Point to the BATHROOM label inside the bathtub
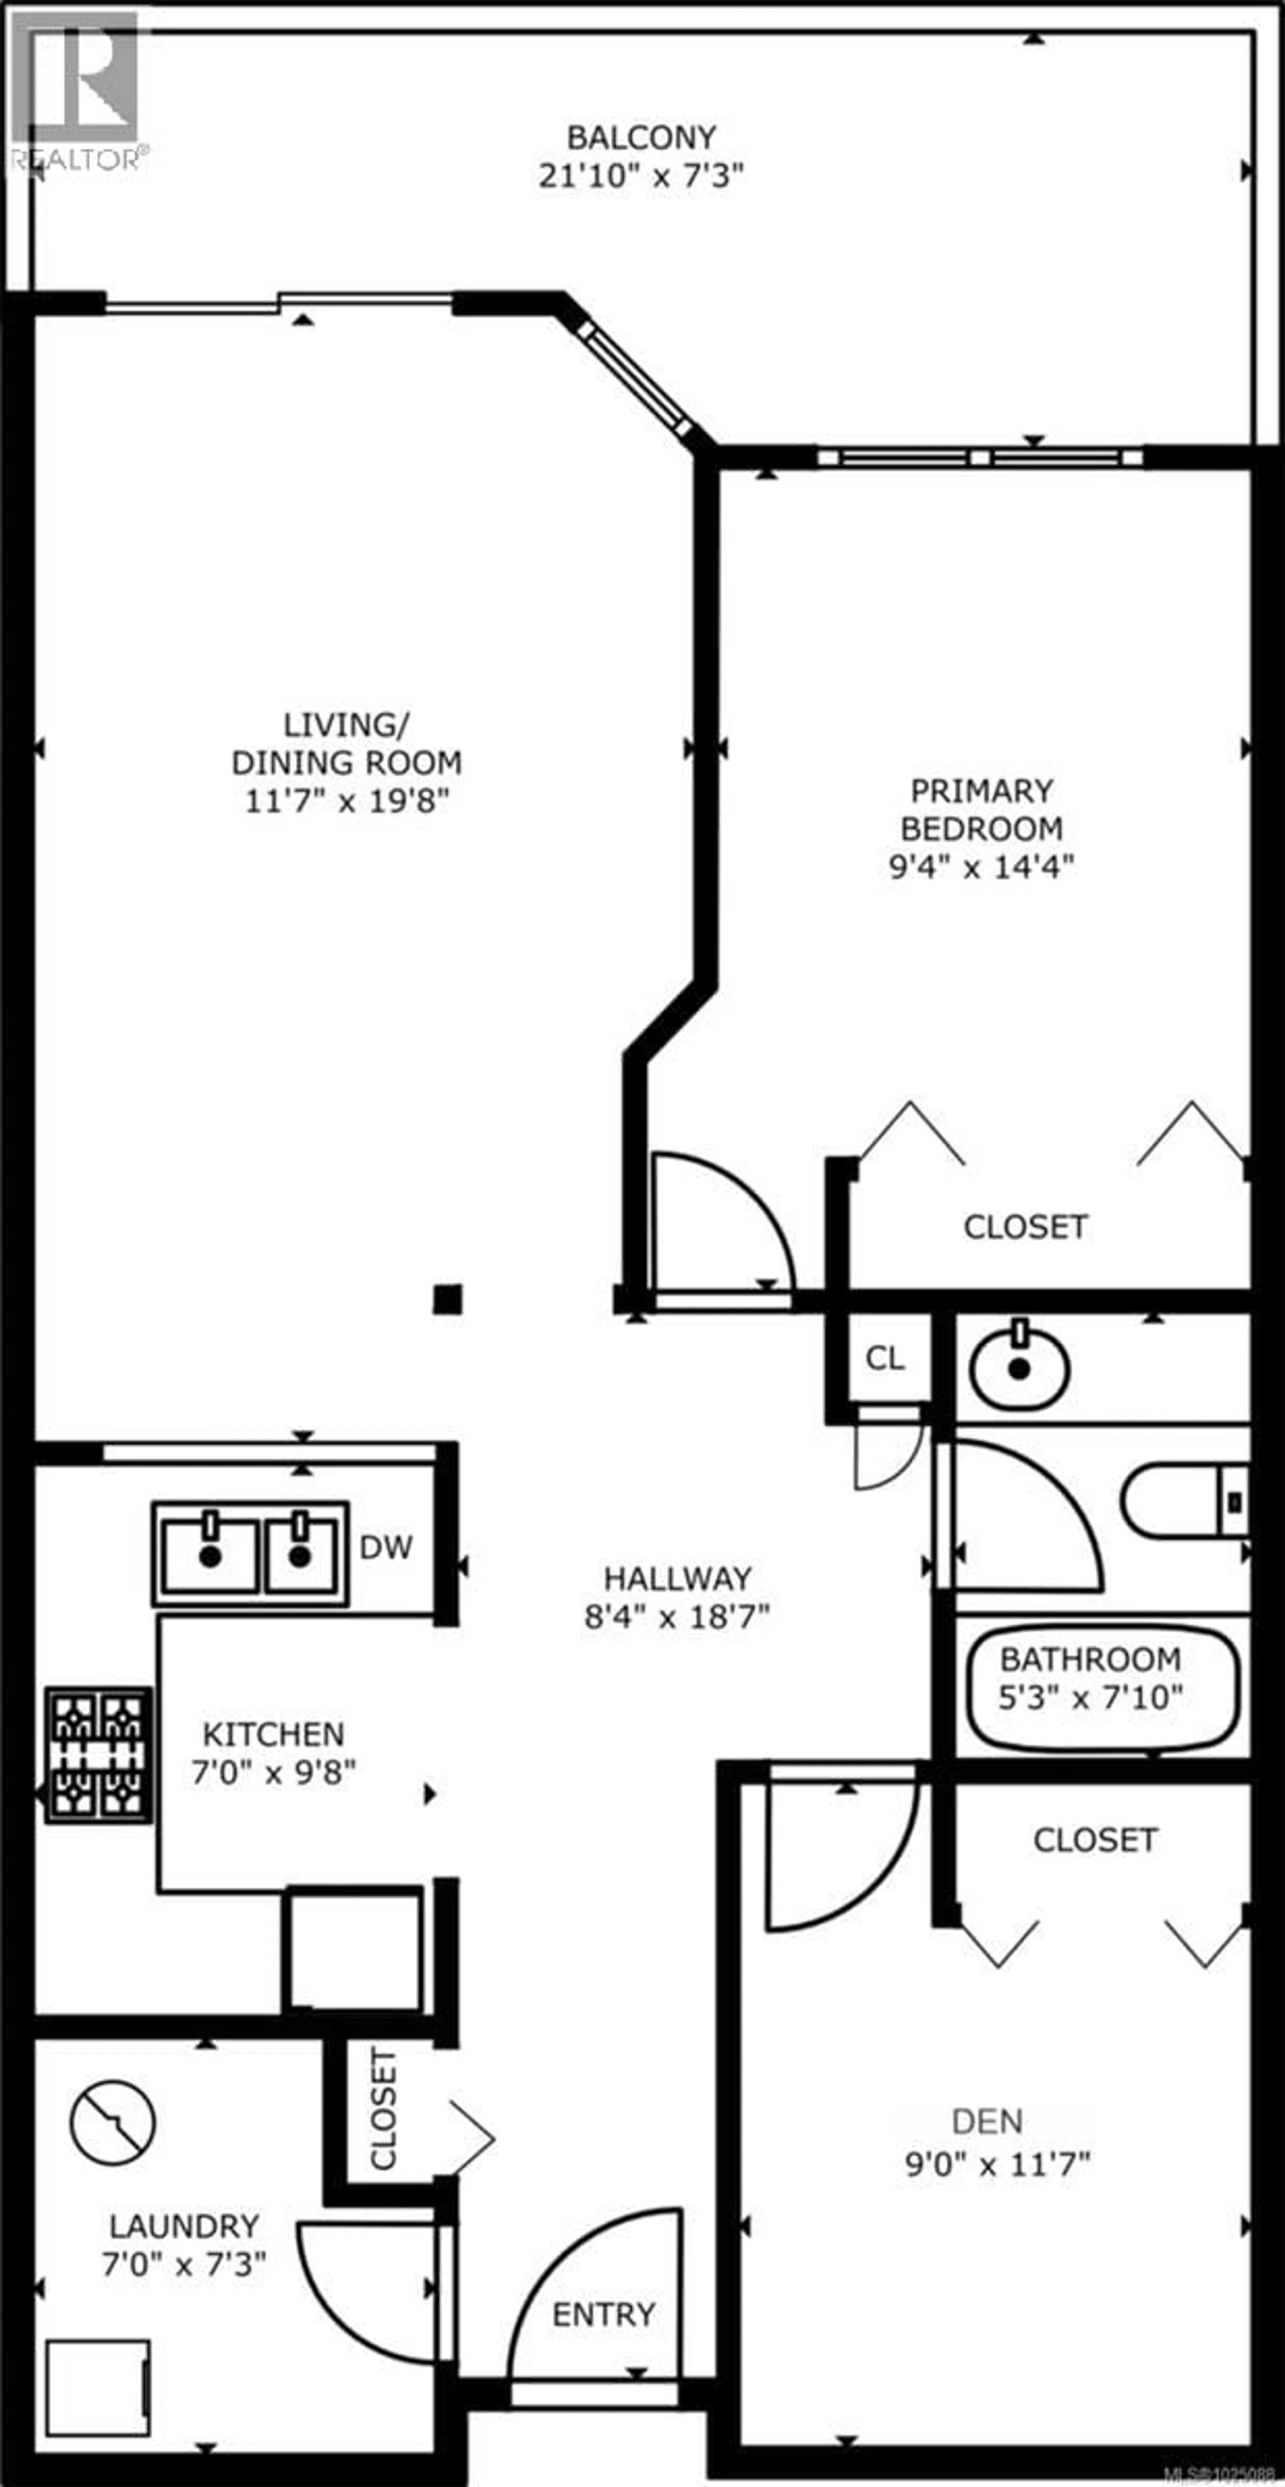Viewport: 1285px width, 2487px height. click(x=1090, y=1659)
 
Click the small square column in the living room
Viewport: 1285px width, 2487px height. click(x=447, y=1299)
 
